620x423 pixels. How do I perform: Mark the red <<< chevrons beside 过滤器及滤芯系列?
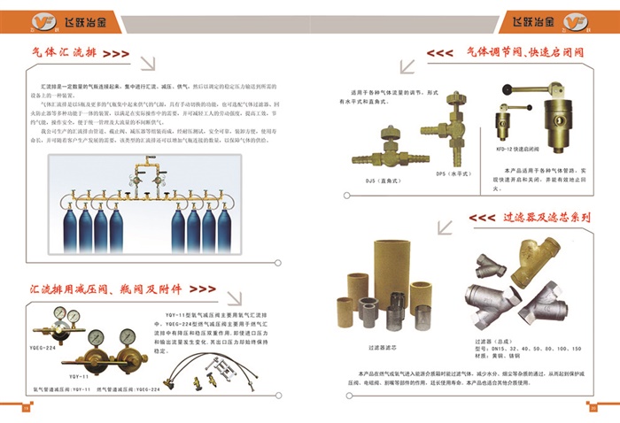coord(482,218)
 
